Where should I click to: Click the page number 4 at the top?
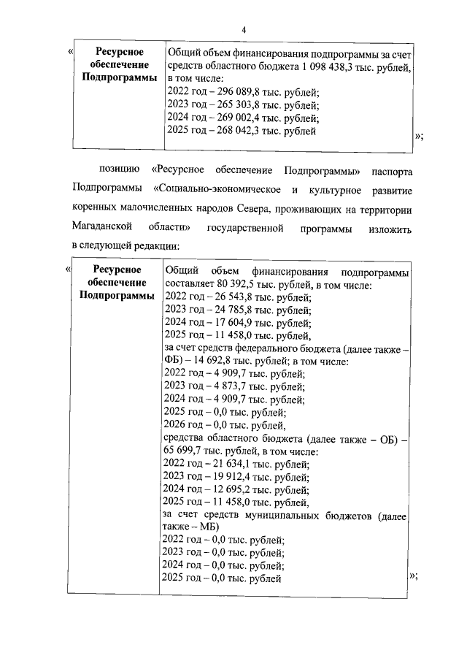click(245, 28)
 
